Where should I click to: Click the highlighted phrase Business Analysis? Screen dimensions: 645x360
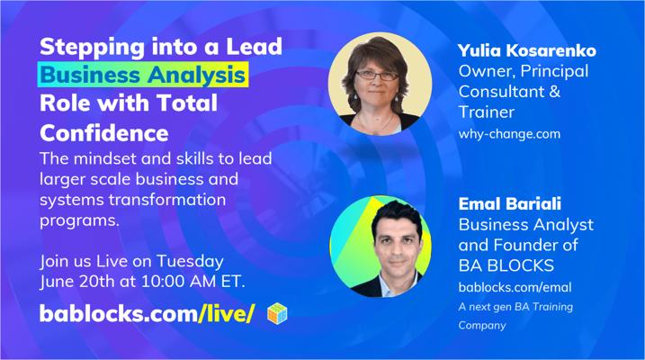click(143, 75)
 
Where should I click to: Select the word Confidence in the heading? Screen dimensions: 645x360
click(104, 133)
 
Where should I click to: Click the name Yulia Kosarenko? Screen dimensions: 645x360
click(527, 50)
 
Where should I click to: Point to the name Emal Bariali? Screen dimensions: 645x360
click(510, 203)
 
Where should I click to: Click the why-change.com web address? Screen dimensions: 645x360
click(509, 134)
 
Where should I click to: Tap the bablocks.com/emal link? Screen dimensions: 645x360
click(515, 287)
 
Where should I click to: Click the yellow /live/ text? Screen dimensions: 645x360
click(227, 313)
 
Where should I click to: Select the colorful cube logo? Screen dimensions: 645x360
click(277, 313)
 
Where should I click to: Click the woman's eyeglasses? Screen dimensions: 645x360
click(377, 76)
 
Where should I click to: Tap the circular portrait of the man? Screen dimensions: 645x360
click(381, 246)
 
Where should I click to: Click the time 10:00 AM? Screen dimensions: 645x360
click(179, 282)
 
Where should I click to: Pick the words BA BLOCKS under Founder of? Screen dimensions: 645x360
click(506, 265)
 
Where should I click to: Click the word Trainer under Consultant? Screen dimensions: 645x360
click(487, 112)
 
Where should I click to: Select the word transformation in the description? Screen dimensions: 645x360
click(167, 200)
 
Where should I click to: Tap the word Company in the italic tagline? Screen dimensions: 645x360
click(482, 326)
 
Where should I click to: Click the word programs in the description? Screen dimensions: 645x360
click(79, 220)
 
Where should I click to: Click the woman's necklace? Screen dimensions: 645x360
click(375, 122)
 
